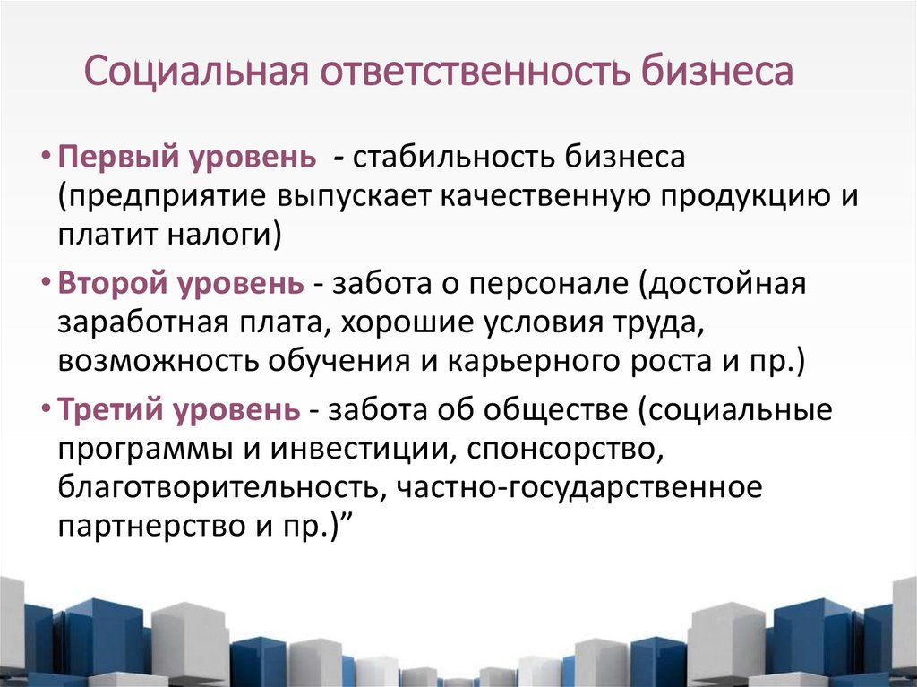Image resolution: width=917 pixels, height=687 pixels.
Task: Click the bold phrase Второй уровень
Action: pos(182,284)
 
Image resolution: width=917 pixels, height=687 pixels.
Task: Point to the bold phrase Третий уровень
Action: pos(180,409)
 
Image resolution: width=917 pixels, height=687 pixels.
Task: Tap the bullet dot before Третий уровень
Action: pos(47,410)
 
